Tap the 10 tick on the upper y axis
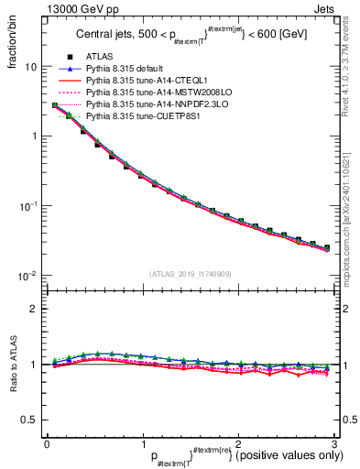click(30, 68)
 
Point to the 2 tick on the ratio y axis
click(33, 309)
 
